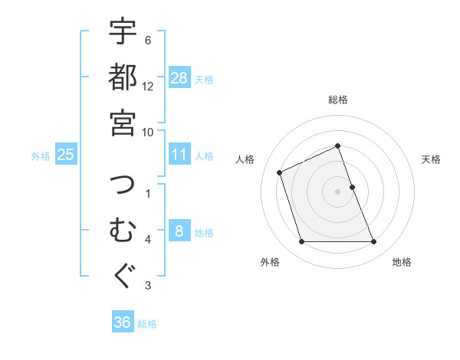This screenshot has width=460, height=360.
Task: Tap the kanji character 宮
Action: click(123, 122)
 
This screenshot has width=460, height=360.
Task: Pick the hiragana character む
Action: click(123, 230)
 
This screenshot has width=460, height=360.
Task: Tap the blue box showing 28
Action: click(179, 78)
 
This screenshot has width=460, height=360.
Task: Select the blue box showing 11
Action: click(179, 155)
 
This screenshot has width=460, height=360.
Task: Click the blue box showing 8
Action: click(179, 231)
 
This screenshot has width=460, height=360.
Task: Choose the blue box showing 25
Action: click(66, 155)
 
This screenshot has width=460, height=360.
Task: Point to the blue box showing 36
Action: click(123, 322)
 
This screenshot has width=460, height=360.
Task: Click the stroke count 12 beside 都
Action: click(148, 86)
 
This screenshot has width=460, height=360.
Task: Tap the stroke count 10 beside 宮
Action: click(148, 132)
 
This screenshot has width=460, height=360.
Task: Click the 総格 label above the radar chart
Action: click(338, 100)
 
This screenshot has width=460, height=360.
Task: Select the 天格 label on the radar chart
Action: click(432, 159)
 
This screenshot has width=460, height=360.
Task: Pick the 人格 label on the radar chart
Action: click(245, 159)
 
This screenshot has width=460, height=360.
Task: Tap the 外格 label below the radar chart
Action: click(270, 262)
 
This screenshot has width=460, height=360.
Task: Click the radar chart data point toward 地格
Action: click(374, 242)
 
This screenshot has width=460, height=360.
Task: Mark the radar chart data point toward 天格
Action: click(352, 187)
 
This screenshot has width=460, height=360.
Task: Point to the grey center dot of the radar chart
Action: click(338, 191)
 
